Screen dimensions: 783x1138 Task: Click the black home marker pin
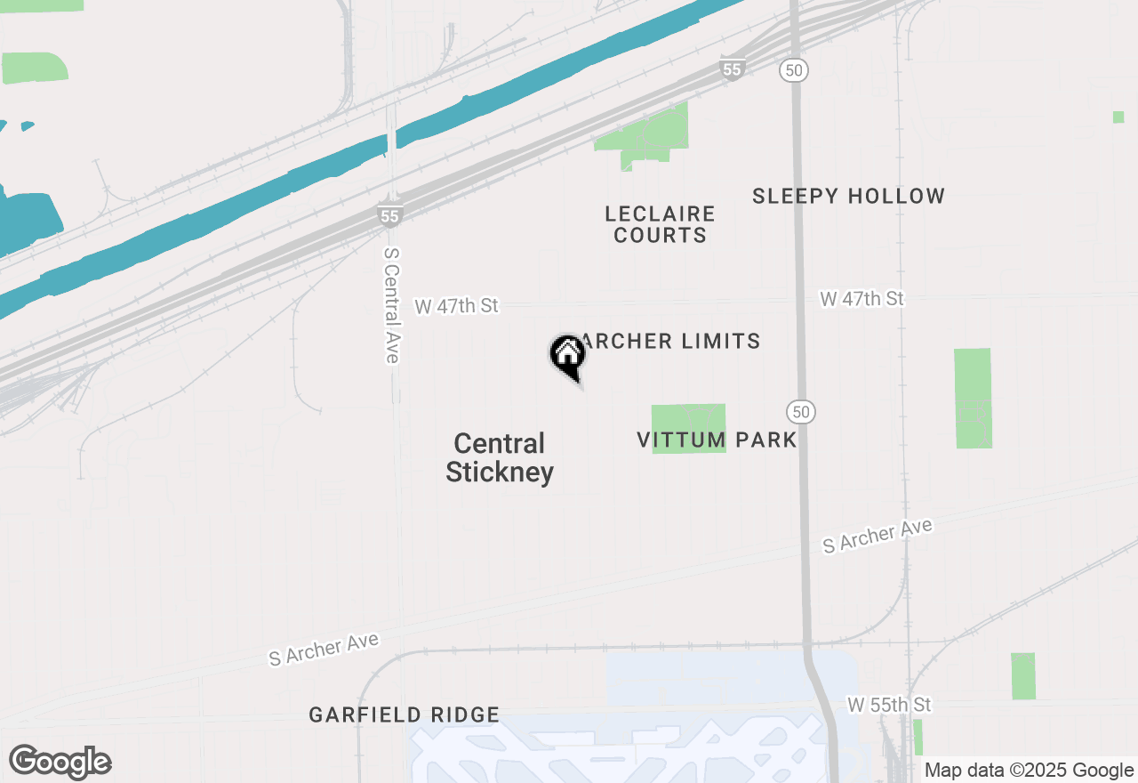(567, 356)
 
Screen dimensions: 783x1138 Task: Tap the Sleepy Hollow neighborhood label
(848, 196)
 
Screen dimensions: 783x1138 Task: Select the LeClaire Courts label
(660, 224)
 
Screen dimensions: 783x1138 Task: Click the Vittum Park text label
(717, 440)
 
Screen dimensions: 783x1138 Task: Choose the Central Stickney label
(499, 457)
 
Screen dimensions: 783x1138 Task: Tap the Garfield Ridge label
(404, 714)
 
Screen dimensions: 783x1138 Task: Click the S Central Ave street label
(391, 304)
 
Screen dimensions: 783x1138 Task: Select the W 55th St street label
(888, 705)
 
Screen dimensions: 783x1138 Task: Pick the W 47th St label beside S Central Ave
(456, 306)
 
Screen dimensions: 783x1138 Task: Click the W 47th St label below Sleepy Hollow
(862, 299)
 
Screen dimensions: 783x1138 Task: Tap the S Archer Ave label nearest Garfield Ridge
(324, 649)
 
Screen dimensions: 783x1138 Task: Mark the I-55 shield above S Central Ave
(389, 215)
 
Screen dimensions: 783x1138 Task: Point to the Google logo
(60, 762)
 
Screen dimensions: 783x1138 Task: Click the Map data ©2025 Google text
(1028, 771)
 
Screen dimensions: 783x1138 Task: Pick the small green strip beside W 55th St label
(918, 737)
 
